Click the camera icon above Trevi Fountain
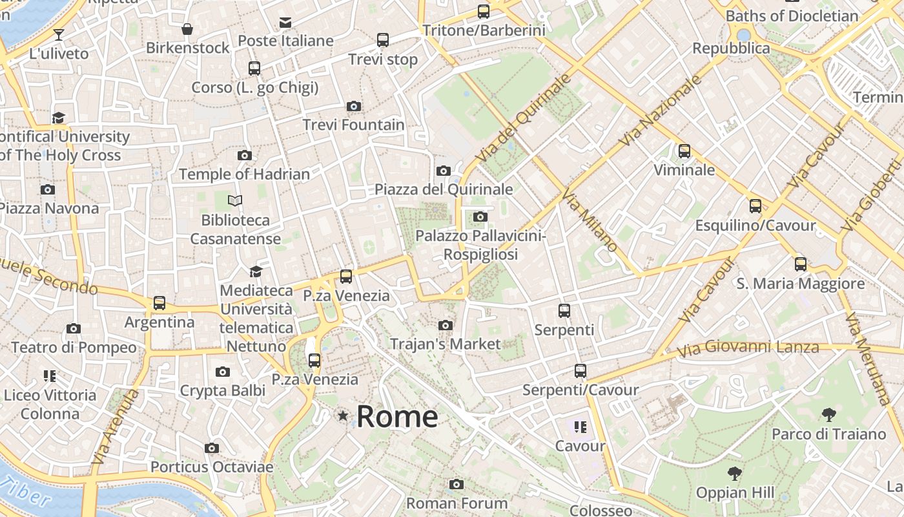click(353, 106)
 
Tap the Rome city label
click(397, 417)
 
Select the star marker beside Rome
click(343, 416)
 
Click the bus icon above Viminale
click(684, 151)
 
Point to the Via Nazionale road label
click(660, 111)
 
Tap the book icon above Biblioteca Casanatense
click(235, 201)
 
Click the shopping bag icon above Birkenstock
click(187, 29)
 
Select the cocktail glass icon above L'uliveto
click(59, 34)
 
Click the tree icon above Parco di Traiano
click(829, 415)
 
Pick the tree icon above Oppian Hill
click(734, 474)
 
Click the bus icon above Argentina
click(159, 303)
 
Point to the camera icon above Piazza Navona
click(47, 189)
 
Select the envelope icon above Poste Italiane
click(285, 23)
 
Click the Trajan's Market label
click(445, 344)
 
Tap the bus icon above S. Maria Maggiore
click(801, 264)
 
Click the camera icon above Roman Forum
click(457, 484)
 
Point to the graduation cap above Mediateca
click(256, 271)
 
